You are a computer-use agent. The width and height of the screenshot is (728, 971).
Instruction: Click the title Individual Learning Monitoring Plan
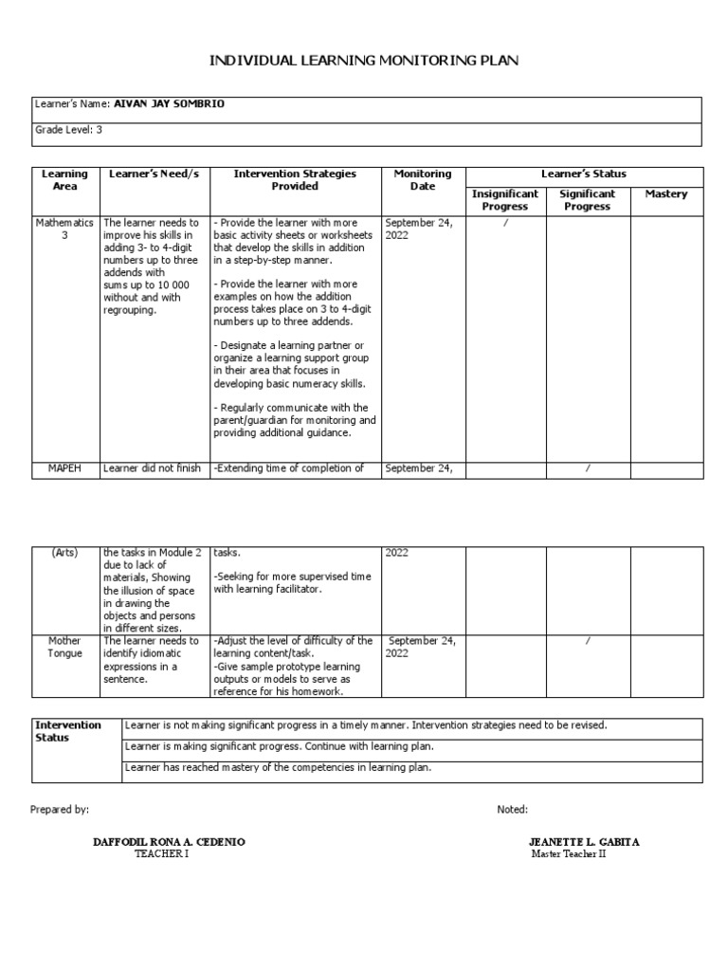point(364,61)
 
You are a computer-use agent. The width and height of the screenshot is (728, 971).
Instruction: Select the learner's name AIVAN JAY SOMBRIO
point(170,104)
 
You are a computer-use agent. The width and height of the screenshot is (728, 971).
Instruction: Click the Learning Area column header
point(65,180)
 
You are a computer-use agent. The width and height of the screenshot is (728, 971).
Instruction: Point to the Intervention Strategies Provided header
point(295,180)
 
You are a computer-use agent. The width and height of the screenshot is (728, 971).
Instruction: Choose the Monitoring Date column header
point(423,180)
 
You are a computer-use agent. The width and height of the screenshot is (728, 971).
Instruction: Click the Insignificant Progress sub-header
point(504,200)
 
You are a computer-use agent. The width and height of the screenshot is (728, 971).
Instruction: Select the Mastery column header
point(666,193)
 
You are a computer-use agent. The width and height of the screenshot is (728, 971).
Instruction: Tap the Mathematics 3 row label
point(65,229)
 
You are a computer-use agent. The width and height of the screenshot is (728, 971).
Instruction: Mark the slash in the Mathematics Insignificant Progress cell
point(504,223)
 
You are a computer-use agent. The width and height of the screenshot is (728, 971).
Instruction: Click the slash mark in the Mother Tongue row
point(588,641)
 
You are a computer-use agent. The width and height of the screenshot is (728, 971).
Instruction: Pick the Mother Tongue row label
point(65,647)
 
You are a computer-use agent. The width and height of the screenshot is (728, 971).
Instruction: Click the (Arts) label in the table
point(65,552)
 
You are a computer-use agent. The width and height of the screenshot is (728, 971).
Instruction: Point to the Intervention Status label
point(68,730)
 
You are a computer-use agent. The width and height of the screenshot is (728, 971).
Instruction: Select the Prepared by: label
point(60,809)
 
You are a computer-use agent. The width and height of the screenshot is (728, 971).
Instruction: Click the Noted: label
point(513,809)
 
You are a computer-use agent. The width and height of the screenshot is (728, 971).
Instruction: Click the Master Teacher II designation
point(569,853)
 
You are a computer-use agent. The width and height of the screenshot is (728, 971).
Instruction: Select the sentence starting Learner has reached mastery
point(279,767)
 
